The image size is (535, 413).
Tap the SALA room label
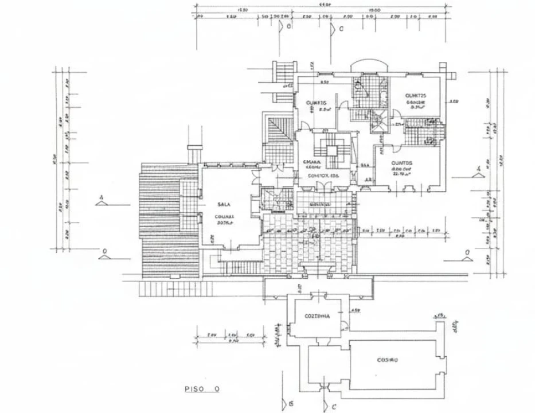pyautogui.click(x=223, y=204)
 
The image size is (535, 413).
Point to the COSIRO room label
pyautogui.click(x=388, y=360)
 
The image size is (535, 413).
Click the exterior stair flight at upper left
pyautogui.click(x=284, y=74)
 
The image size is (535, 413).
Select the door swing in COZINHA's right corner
pyautogui.click(x=343, y=326)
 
